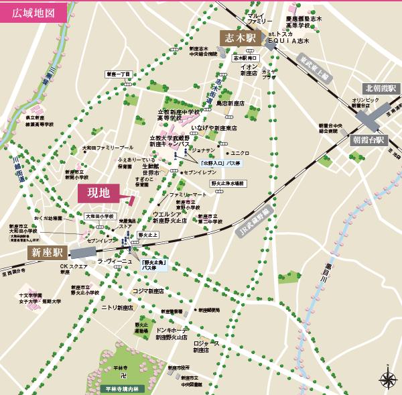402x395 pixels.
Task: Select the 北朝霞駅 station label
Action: (381, 89)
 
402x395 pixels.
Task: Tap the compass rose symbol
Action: (387, 380)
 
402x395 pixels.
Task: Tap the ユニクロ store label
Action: (240, 153)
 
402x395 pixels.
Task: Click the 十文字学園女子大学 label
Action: (31, 298)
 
